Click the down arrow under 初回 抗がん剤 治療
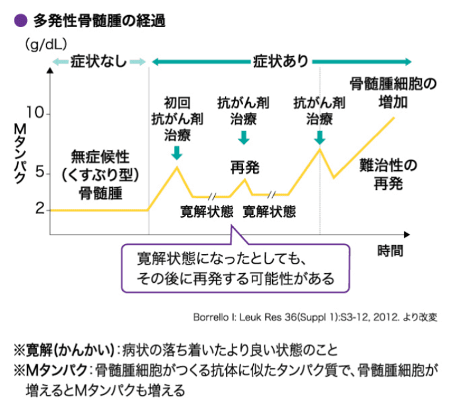pyautogui.click(x=177, y=152)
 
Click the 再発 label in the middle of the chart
pyautogui.click(x=244, y=167)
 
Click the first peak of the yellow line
pyautogui.click(x=177, y=167)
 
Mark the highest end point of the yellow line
pyautogui.click(x=394, y=117)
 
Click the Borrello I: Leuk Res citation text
pyautogui.click(x=316, y=316)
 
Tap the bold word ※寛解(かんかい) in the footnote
pyautogui.click(x=62, y=349)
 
